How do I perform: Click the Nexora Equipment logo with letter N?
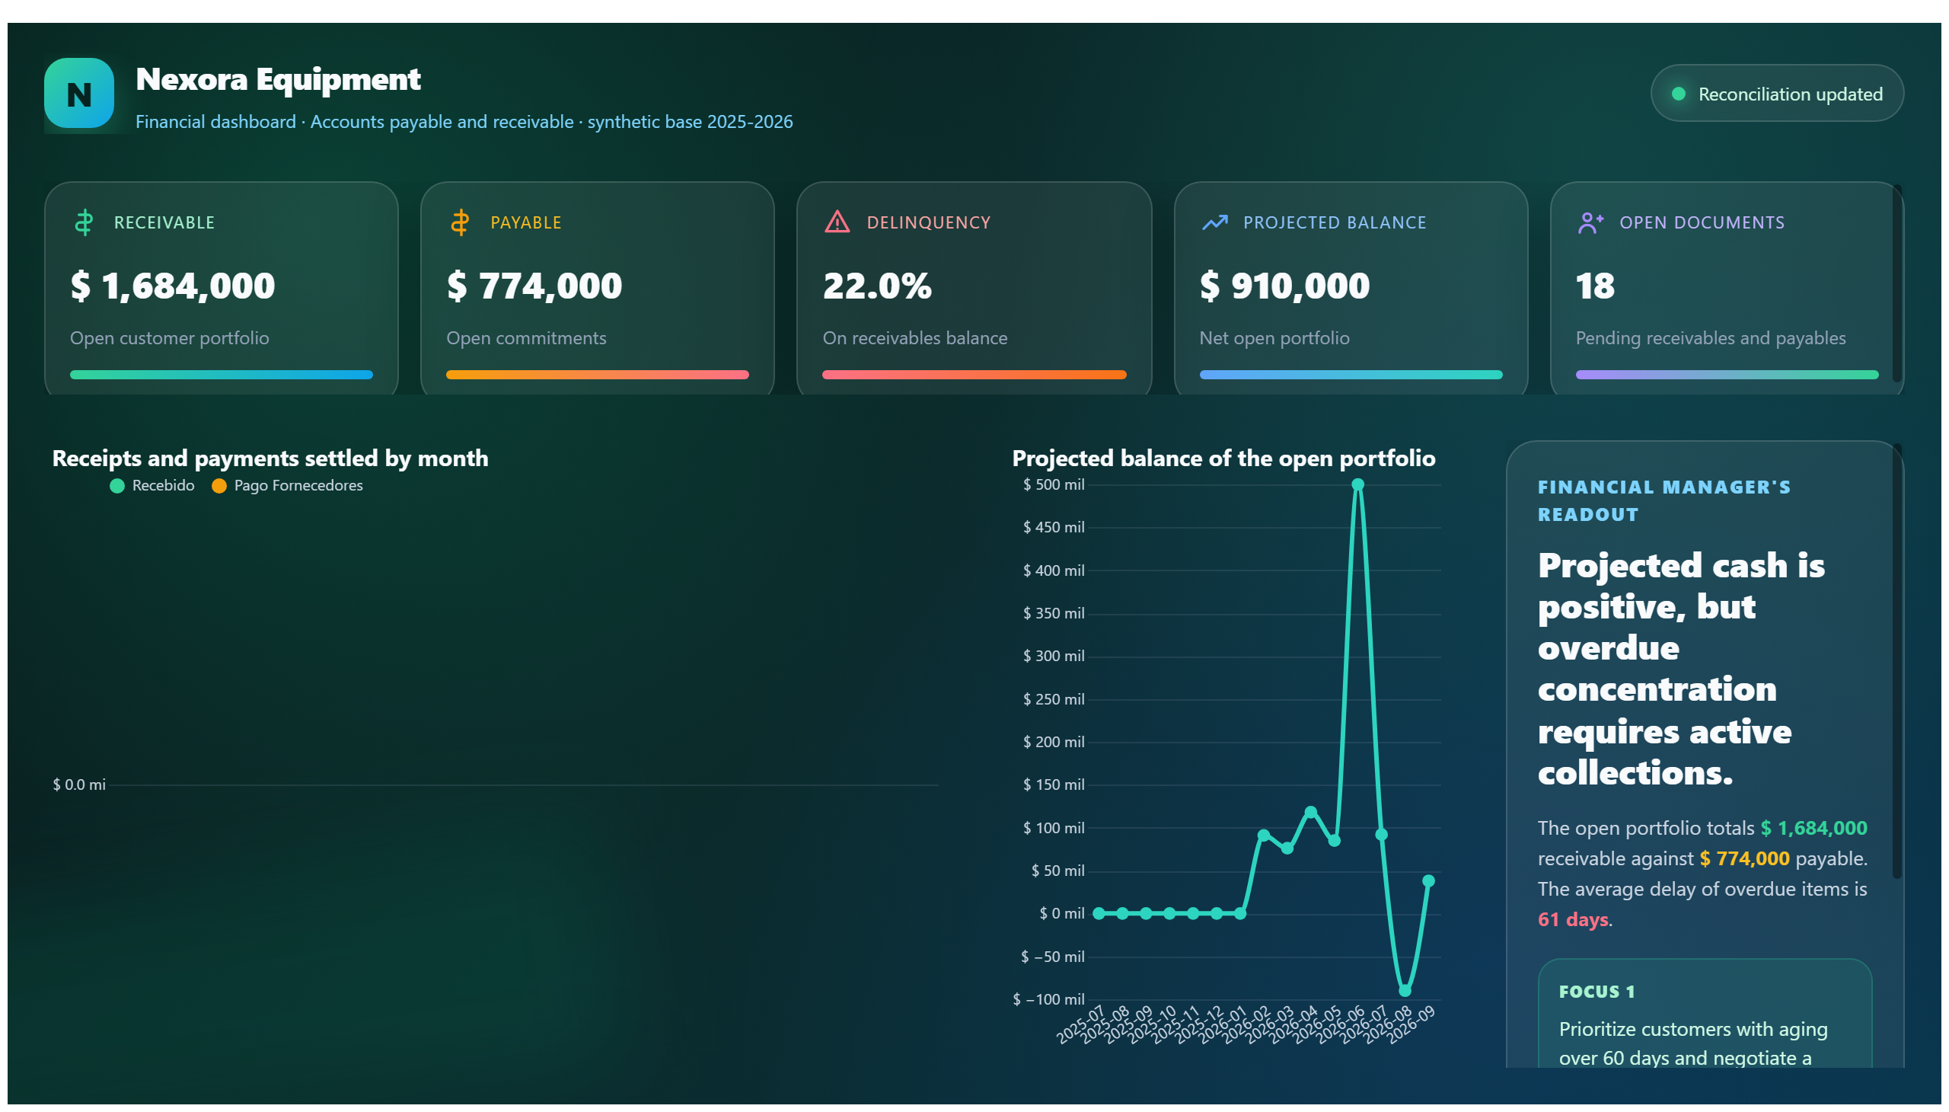(78, 93)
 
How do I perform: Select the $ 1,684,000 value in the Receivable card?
(173, 286)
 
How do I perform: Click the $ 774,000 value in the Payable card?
(534, 286)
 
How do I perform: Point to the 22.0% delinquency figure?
(877, 286)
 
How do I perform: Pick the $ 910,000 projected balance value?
(1284, 286)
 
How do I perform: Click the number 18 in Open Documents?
(1595, 286)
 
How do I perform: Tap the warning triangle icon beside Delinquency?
(837, 222)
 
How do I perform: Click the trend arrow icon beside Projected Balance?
(1214, 222)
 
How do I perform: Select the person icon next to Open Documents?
(1590, 222)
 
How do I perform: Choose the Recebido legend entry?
(153, 486)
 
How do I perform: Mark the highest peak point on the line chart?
(1357, 484)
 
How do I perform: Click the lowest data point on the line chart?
(1405, 991)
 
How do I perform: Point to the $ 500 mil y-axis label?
(1054, 484)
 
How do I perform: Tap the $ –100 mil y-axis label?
(1048, 999)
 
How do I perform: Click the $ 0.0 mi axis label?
(79, 784)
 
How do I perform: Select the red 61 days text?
(1573, 919)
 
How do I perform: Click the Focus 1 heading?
(1597, 992)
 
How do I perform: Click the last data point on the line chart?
(1428, 880)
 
